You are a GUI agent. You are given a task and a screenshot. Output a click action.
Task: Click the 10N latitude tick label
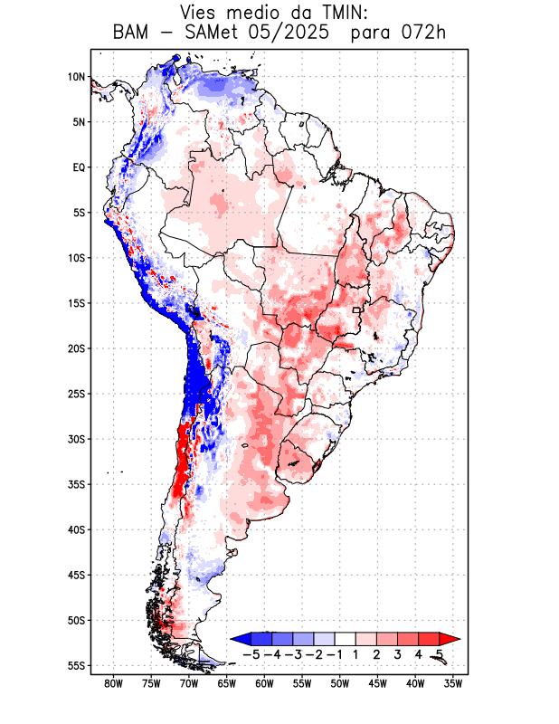coord(76,77)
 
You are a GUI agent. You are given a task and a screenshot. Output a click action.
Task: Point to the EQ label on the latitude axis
coord(79,167)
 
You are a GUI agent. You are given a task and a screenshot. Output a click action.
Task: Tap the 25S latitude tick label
coord(76,394)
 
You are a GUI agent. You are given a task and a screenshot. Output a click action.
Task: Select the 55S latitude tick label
coord(76,665)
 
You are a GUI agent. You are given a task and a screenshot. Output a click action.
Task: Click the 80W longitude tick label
coord(113,684)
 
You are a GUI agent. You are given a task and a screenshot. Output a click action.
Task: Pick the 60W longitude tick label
coord(264,684)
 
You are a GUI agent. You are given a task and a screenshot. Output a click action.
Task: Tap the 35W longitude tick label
coord(453,684)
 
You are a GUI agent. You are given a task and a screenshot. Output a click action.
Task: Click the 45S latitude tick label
coord(76,575)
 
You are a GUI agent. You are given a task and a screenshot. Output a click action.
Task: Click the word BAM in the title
coord(133,33)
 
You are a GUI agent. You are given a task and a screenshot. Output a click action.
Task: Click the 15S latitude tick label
coord(76,303)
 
